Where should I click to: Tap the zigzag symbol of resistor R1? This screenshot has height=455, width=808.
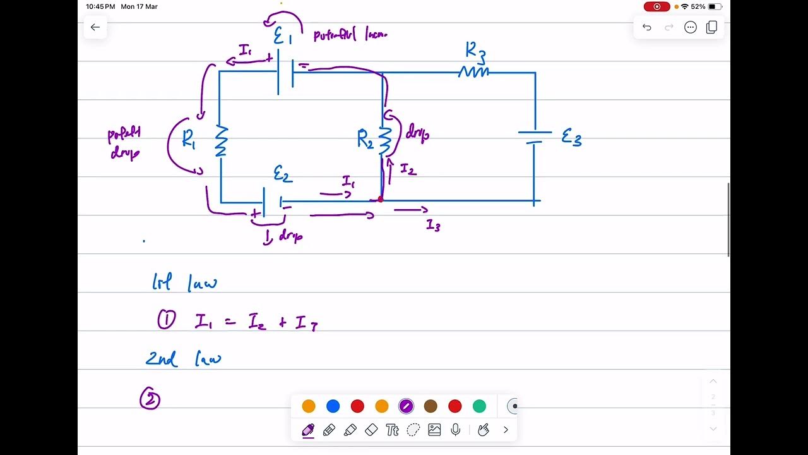(x=221, y=141)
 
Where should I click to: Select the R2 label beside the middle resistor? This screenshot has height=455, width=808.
(x=365, y=139)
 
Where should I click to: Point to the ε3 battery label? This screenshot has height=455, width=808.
(x=571, y=137)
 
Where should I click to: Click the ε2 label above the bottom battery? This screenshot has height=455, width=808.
(x=282, y=174)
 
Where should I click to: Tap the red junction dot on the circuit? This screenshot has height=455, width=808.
(x=380, y=199)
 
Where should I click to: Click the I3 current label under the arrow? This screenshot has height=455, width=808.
(x=433, y=225)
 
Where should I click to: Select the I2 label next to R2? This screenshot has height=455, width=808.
(x=408, y=169)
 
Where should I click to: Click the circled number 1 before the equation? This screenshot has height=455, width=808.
(x=166, y=320)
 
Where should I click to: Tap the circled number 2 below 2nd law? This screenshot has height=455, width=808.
(x=150, y=399)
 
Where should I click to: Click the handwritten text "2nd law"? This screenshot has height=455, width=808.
(x=183, y=359)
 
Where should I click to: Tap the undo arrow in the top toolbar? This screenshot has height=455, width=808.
(x=647, y=27)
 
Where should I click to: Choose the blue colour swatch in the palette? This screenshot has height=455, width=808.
(x=333, y=406)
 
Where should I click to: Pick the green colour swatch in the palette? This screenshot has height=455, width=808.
(x=479, y=406)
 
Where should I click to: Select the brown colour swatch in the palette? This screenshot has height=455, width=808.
(x=431, y=406)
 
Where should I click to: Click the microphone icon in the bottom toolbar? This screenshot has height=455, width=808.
(x=455, y=430)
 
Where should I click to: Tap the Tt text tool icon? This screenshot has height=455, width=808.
(x=392, y=430)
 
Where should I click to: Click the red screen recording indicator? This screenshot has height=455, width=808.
(x=656, y=6)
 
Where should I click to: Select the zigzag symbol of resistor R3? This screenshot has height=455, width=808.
(x=473, y=73)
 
